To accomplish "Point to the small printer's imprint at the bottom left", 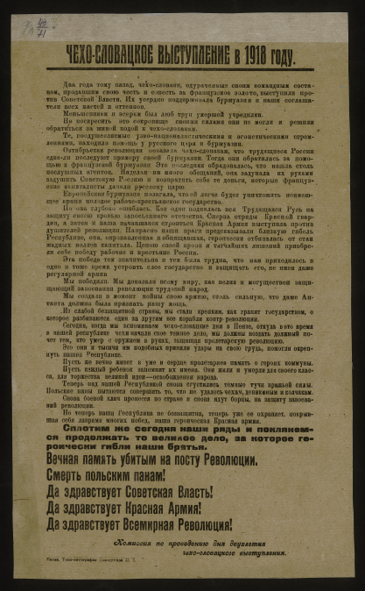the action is [88, 567].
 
